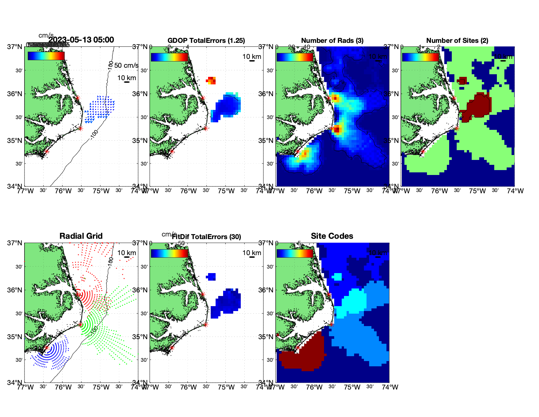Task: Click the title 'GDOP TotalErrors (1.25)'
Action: pyautogui.click(x=206, y=41)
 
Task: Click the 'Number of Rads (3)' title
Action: pyautogui.click(x=332, y=41)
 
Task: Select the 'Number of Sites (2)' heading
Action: pyautogui.click(x=457, y=41)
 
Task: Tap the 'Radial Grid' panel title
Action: pyautogui.click(x=81, y=236)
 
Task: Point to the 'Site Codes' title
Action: pyautogui.click(x=332, y=236)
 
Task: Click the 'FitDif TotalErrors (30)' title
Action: pyautogui.click(x=206, y=237)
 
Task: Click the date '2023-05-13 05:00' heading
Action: pyautogui.click(x=81, y=40)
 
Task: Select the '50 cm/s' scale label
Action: pyautogui.click(x=126, y=65)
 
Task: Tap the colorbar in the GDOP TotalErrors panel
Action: pyautogui.click(x=169, y=57)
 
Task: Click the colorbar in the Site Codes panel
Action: pyautogui.click(x=295, y=253)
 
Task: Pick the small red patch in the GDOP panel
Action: pyautogui.click(x=211, y=80)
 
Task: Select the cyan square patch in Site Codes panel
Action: pyautogui.click(x=337, y=277)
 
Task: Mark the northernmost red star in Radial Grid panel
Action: pyautogui.click(x=78, y=294)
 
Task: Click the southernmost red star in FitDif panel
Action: pyautogui.click(x=172, y=348)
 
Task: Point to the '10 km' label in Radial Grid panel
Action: pyautogui.click(x=126, y=253)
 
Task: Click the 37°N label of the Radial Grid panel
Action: pyautogui.click(x=15, y=243)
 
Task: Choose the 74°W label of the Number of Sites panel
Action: pyautogui.click(x=515, y=191)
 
